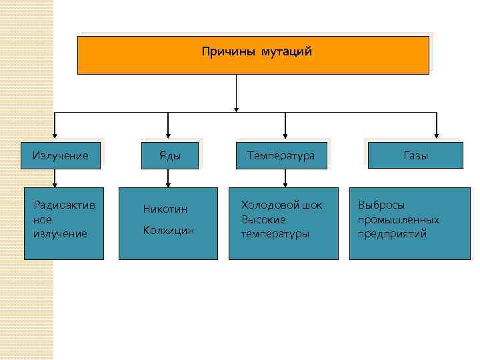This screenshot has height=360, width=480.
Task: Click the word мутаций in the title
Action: (287, 51)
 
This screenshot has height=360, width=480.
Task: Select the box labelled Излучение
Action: (61, 155)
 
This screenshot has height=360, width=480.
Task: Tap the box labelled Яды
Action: (169, 155)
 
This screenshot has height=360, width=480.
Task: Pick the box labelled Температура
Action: (281, 155)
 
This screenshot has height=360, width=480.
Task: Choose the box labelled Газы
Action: (415, 155)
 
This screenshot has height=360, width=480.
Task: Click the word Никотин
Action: (165, 209)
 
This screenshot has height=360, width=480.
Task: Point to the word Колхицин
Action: (169, 230)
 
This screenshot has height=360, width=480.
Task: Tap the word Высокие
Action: (263, 219)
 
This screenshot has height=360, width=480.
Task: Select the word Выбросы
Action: (381, 205)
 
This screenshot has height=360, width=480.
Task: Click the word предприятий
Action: (392, 234)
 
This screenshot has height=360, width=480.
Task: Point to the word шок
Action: (312, 205)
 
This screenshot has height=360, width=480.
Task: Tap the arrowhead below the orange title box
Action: (236, 108)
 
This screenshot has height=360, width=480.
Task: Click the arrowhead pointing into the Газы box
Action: (437, 137)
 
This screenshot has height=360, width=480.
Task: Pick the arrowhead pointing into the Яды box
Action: (168, 137)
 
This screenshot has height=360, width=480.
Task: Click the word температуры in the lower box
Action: (275, 234)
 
